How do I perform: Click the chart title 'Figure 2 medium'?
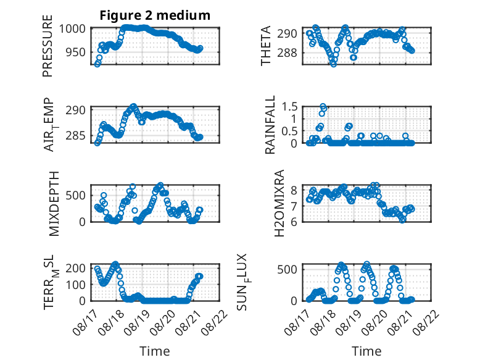[155, 15]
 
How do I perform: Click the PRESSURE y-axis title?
[48, 46]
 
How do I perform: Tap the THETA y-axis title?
[266, 46]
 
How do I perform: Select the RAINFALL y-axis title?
[270, 125]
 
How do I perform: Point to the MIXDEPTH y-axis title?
[54, 203]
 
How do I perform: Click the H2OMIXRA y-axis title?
[279, 203]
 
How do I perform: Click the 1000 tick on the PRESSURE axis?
[72, 29]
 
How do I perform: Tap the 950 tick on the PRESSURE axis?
[76, 52]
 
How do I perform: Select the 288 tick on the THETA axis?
[287, 53]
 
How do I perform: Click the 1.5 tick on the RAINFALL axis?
[289, 107]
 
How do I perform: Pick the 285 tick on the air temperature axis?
[76, 135]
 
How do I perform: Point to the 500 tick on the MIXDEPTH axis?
[76, 195]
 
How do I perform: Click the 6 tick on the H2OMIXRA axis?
[294, 222]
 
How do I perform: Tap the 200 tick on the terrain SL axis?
[76, 269]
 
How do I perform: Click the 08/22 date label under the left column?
[215, 322]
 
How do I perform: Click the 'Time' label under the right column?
[366, 351]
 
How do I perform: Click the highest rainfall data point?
[323, 107]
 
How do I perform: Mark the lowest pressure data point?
[97, 64]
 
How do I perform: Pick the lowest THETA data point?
[333, 64]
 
